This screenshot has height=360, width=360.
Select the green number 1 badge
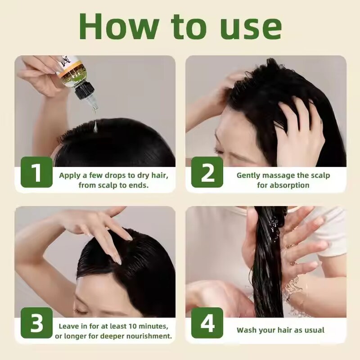(36, 172)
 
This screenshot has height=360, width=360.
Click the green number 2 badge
(207, 172)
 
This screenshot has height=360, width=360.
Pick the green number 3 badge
(36, 323)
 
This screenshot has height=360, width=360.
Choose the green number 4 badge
(207, 323)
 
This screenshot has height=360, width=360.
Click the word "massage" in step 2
(275, 175)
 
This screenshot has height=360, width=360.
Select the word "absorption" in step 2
(289, 185)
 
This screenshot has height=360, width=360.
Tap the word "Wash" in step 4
(247, 330)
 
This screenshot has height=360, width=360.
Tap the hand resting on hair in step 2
(299, 128)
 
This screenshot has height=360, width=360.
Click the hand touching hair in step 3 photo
(101, 229)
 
